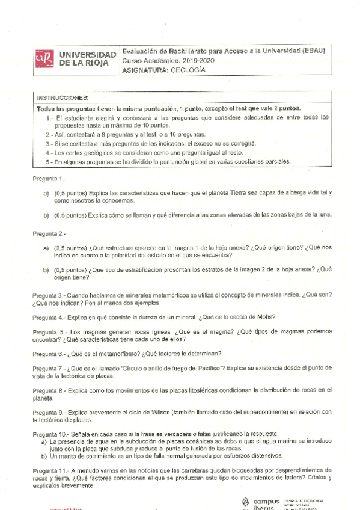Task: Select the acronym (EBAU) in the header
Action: [312, 52]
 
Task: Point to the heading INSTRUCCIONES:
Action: [63, 97]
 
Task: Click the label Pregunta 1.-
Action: [48, 179]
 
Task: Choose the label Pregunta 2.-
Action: [48, 233]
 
